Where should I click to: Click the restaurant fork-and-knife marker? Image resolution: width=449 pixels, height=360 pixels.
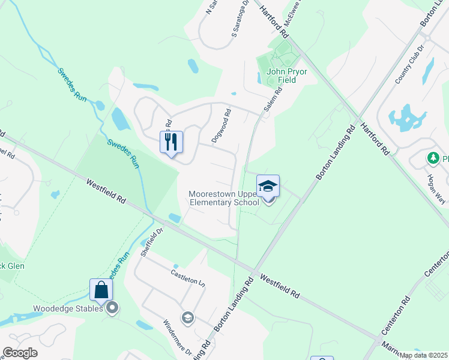pyautogui.click(x=171, y=142)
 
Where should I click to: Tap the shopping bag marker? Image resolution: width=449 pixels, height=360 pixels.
pyautogui.click(x=101, y=290)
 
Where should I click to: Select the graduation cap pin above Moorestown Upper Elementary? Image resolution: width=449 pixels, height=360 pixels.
pyautogui.click(x=268, y=187)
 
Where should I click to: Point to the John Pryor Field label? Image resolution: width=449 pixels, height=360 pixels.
pyautogui.click(x=287, y=76)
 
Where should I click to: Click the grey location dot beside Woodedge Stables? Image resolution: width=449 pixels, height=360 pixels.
pyautogui.click(x=112, y=309)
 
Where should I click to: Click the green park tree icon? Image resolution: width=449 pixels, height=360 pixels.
pyautogui.click(x=432, y=158)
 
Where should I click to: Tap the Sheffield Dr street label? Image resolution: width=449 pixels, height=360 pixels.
pyautogui.click(x=151, y=242)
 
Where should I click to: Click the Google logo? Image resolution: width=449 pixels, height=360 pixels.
pyautogui.click(x=20, y=353)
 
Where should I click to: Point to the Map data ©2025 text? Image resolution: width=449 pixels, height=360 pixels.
pyautogui.click(x=423, y=355)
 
